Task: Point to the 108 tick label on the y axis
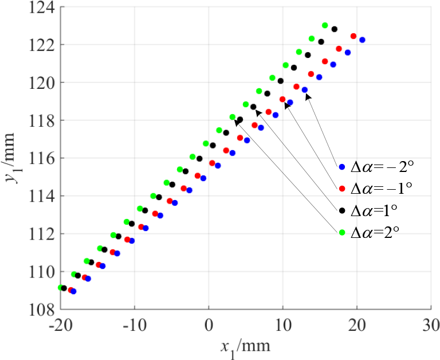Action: [40, 310]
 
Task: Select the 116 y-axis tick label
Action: [40, 159]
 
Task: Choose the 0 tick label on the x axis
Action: [209, 324]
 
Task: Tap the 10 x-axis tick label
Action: [282, 324]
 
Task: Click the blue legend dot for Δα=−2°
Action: [342, 167]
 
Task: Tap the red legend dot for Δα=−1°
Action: [342, 189]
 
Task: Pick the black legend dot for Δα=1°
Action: [342, 210]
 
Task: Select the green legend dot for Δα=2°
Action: [342, 232]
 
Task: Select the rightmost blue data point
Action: [362, 40]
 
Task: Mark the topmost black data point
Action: [335, 29]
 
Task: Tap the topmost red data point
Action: [353, 36]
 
